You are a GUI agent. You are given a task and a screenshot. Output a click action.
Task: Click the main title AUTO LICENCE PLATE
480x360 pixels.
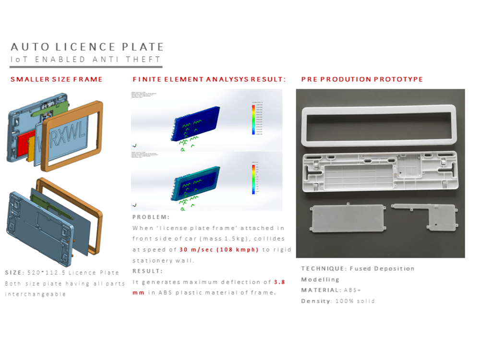(87, 47)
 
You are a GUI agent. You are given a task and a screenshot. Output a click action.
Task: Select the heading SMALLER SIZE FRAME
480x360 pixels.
(57, 79)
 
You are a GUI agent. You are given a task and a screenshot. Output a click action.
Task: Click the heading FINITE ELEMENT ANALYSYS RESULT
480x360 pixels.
(209, 79)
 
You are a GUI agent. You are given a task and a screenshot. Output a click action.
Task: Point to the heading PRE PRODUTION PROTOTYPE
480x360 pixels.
(362, 79)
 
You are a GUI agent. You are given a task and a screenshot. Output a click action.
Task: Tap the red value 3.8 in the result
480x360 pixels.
(279, 282)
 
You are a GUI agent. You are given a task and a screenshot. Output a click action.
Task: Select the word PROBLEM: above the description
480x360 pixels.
(151, 217)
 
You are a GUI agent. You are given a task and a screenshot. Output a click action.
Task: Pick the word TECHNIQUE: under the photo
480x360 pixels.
(323, 268)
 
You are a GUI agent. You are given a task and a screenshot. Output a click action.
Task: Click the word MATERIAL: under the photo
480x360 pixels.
(320, 290)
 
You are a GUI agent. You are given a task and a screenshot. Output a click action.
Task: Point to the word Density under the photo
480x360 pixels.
(315, 301)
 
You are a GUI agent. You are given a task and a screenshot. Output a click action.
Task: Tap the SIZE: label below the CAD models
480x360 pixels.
(14, 273)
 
